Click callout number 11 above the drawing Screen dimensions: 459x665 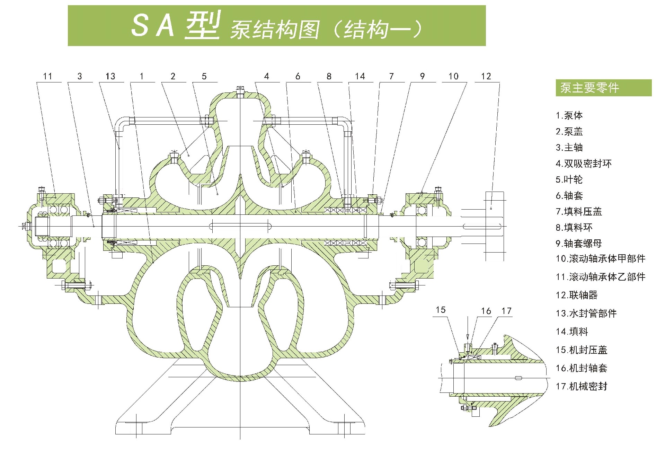[x=47, y=76]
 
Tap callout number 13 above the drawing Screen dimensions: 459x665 [x=110, y=76]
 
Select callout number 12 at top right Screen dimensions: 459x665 [x=486, y=76]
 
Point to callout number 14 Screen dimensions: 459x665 [x=360, y=76]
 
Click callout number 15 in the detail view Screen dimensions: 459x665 [x=441, y=310]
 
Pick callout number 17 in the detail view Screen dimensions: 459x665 [x=506, y=311]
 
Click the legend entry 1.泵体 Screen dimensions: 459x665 [x=569, y=115]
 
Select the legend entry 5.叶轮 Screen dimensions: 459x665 [x=569, y=179]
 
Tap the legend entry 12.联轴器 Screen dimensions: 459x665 [x=577, y=295]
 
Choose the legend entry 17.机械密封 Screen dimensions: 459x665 [x=582, y=386]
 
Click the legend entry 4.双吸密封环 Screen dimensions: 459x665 [x=584, y=164]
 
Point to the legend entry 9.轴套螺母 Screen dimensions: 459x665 [x=579, y=244]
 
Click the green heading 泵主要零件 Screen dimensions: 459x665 [x=589, y=88]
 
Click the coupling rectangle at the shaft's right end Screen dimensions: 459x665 [x=494, y=226]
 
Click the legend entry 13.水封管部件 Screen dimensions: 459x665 [x=586, y=314]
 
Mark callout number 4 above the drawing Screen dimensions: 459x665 [x=266, y=76]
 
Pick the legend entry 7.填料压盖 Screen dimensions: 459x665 [x=579, y=212]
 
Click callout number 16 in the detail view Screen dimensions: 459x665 [x=486, y=311]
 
